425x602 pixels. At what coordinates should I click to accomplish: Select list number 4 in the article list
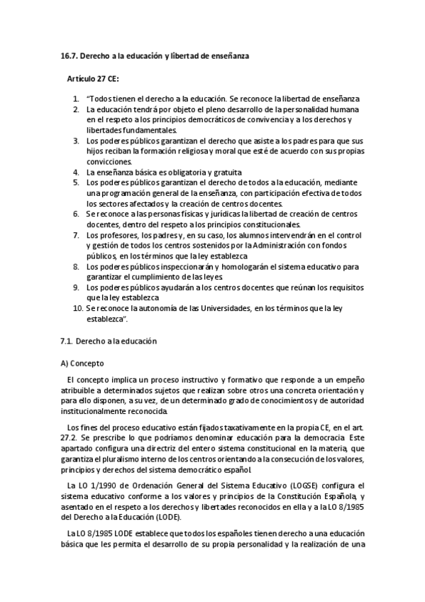click(x=77, y=172)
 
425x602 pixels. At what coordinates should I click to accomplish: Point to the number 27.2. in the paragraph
click(x=71, y=438)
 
